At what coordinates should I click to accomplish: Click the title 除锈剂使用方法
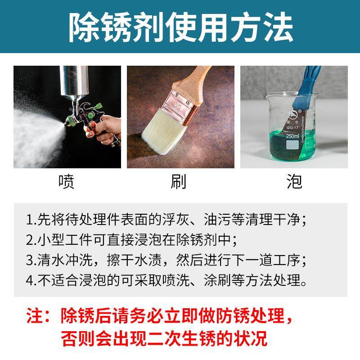(x=180, y=27)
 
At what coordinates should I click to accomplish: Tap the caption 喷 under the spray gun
(x=67, y=181)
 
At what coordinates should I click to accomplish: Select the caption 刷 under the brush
(x=179, y=181)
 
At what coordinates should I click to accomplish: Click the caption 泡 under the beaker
(x=294, y=181)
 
